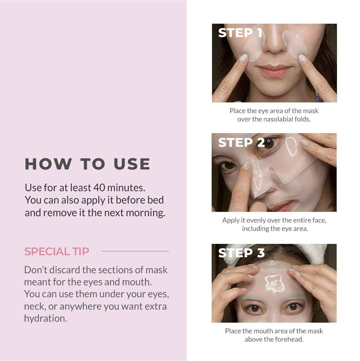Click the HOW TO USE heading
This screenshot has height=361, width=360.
point(87,164)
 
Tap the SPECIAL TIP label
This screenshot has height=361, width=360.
point(57,251)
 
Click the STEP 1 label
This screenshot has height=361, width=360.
point(240,33)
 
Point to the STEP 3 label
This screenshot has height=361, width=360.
point(241,253)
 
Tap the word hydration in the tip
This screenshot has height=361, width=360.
point(45,318)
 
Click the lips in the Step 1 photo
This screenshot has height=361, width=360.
point(274,71)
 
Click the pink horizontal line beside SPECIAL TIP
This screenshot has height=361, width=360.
point(135,251)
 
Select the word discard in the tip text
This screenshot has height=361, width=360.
point(65,270)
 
